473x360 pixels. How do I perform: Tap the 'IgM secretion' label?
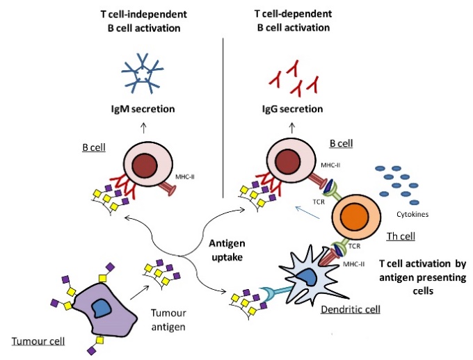(x=143, y=109)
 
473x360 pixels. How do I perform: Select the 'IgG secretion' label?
(x=292, y=109)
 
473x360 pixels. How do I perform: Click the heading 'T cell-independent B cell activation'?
(x=144, y=21)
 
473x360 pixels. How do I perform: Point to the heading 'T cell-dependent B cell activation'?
(x=294, y=21)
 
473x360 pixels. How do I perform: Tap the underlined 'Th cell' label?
(x=401, y=236)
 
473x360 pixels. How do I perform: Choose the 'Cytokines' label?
(x=412, y=214)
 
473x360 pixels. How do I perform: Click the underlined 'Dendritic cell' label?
(x=350, y=310)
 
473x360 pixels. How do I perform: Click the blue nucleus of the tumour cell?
(x=102, y=308)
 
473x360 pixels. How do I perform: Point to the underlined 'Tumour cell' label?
(x=38, y=341)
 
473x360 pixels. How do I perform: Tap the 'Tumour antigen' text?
(x=168, y=320)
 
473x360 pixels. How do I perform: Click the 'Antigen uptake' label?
(x=227, y=250)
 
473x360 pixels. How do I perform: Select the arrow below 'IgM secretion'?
(x=143, y=128)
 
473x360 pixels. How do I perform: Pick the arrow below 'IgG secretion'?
(x=291, y=128)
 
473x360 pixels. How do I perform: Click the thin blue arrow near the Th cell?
(x=307, y=213)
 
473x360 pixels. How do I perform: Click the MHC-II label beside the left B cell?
(x=184, y=177)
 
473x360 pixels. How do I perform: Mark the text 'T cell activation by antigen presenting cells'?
(x=423, y=277)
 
